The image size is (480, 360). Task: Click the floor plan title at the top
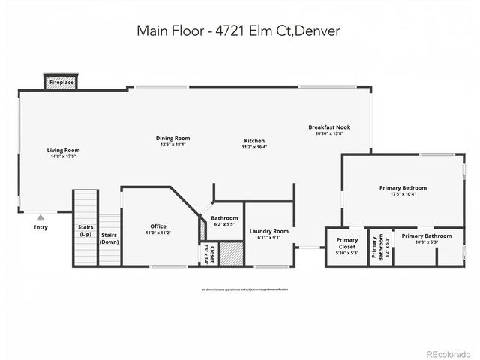coord(239,31)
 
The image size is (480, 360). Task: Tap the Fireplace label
coord(61,80)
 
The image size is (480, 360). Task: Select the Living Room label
coord(64,150)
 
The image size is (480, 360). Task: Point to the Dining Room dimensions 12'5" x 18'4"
coord(172,145)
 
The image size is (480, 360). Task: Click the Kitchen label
coord(254,141)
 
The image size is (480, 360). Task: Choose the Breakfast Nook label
coord(329,127)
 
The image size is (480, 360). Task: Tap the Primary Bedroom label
coord(403,187)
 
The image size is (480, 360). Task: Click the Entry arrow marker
coord(40,217)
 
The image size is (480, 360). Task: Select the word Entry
coord(40,227)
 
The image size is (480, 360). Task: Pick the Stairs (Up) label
coord(85,230)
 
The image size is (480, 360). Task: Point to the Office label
coord(157,226)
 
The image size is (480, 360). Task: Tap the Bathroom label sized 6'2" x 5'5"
coord(224,218)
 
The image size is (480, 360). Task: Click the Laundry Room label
coord(268,232)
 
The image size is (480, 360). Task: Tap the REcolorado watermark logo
coord(448,353)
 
